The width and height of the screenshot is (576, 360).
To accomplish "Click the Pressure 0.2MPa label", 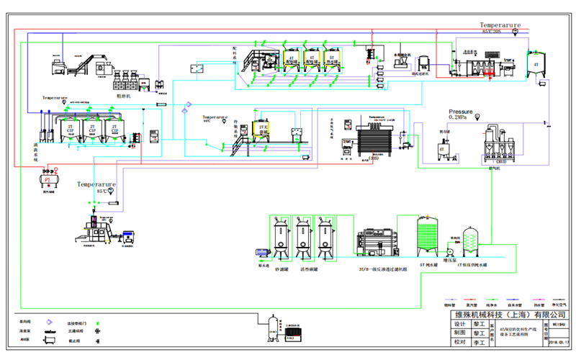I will (x=461, y=115).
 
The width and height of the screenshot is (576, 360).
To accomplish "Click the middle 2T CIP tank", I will (x=93, y=131).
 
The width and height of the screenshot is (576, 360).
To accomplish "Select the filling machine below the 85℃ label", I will (x=97, y=229).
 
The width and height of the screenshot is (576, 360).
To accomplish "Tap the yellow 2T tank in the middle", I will (x=261, y=128).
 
